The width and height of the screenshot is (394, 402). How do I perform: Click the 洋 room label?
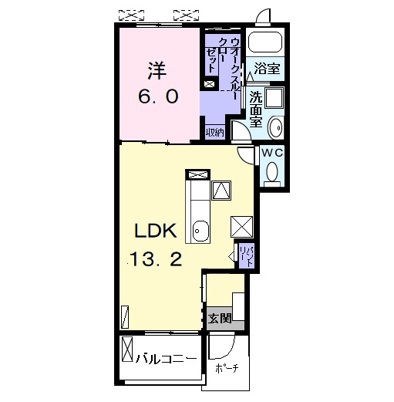pyautogui.click(x=157, y=71)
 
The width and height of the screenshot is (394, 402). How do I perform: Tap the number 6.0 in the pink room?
pyautogui.click(x=158, y=96)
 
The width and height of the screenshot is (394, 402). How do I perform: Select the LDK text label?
pyautogui.click(x=156, y=230)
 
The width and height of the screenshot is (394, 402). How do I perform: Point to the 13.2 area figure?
pyautogui.click(x=156, y=259)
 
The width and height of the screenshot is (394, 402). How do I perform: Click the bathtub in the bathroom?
pyautogui.click(x=265, y=42)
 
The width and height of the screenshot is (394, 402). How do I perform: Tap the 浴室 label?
pyautogui.click(x=267, y=68)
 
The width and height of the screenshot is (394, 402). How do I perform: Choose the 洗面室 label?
pyautogui.click(x=256, y=109)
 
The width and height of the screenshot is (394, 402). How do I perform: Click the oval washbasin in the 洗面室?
pyautogui.click(x=276, y=127)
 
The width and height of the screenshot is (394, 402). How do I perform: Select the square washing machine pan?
pyautogui.click(x=274, y=97)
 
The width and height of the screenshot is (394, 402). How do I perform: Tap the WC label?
pyautogui.click(x=272, y=153)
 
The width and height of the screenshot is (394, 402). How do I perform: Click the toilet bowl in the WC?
pyautogui.click(x=272, y=171)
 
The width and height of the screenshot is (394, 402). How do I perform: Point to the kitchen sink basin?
pyautogui.click(x=200, y=231)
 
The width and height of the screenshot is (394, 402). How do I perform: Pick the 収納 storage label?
pyautogui.click(x=215, y=133)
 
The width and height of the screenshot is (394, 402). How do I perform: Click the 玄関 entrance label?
pyautogui.click(x=220, y=319)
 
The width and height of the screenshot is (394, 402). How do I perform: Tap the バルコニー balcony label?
pyautogui.click(x=167, y=358)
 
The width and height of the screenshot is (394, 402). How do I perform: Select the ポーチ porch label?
pyautogui.click(x=227, y=368)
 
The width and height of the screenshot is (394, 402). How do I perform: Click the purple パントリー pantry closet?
pyautogui.click(x=247, y=256)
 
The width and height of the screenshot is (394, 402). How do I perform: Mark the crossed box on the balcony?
pyautogui.click(x=127, y=349)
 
